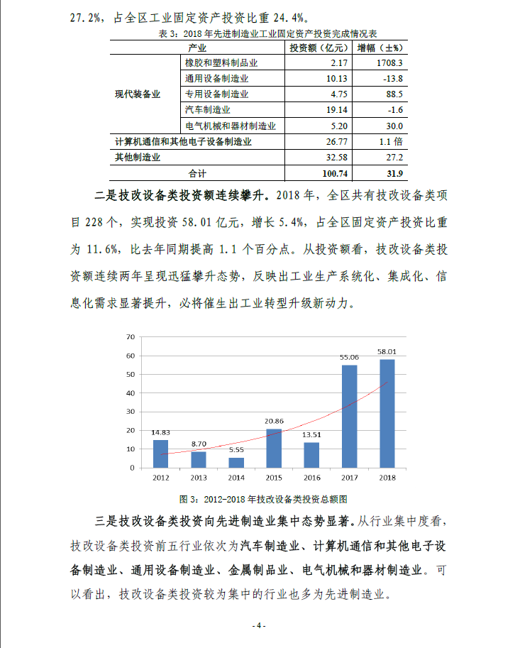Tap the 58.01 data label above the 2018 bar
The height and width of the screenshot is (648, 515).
[387, 351]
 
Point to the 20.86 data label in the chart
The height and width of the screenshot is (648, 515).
[273, 422]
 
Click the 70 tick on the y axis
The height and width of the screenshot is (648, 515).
[130, 336]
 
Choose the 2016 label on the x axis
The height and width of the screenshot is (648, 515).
[311, 477]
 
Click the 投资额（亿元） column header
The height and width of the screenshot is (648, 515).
[319, 48]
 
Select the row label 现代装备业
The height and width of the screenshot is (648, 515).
[138, 94]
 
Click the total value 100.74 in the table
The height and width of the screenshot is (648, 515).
[333, 172]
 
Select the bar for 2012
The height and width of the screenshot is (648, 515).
[160, 454]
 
